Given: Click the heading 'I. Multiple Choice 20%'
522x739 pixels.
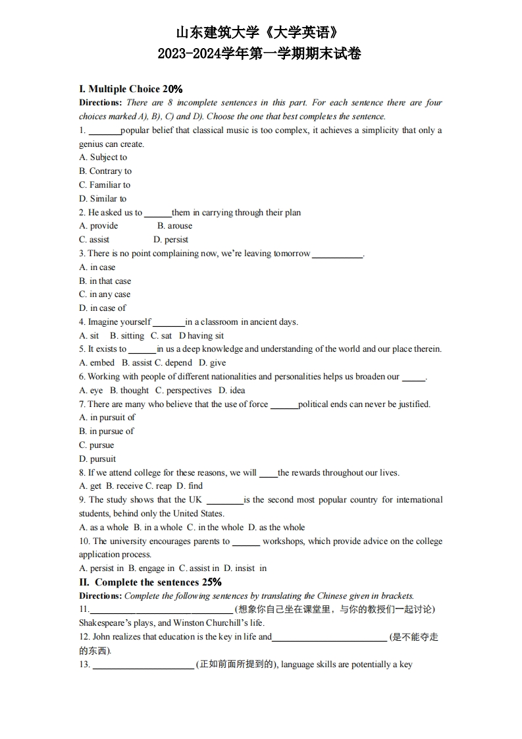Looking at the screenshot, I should [x=130, y=89].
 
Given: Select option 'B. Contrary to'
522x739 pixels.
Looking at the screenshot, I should [x=105, y=171].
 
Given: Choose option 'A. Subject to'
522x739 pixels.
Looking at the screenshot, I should [x=103, y=157].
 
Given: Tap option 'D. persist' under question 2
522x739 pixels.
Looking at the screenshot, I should [x=170, y=240].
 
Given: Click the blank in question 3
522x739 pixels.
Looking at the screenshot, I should [x=337, y=254].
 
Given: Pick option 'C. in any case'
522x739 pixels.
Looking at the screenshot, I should [x=105, y=294].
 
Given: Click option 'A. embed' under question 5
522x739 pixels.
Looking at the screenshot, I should [x=97, y=363].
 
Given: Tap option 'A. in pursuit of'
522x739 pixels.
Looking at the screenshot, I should [x=107, y=418].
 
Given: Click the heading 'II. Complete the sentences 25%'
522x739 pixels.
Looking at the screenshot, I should [x=150, y=582].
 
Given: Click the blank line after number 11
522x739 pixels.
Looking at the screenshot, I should [x=161, y=610].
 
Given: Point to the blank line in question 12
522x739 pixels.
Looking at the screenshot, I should [x=329, y=638].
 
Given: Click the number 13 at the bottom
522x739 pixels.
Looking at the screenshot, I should [x=84, y=665].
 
